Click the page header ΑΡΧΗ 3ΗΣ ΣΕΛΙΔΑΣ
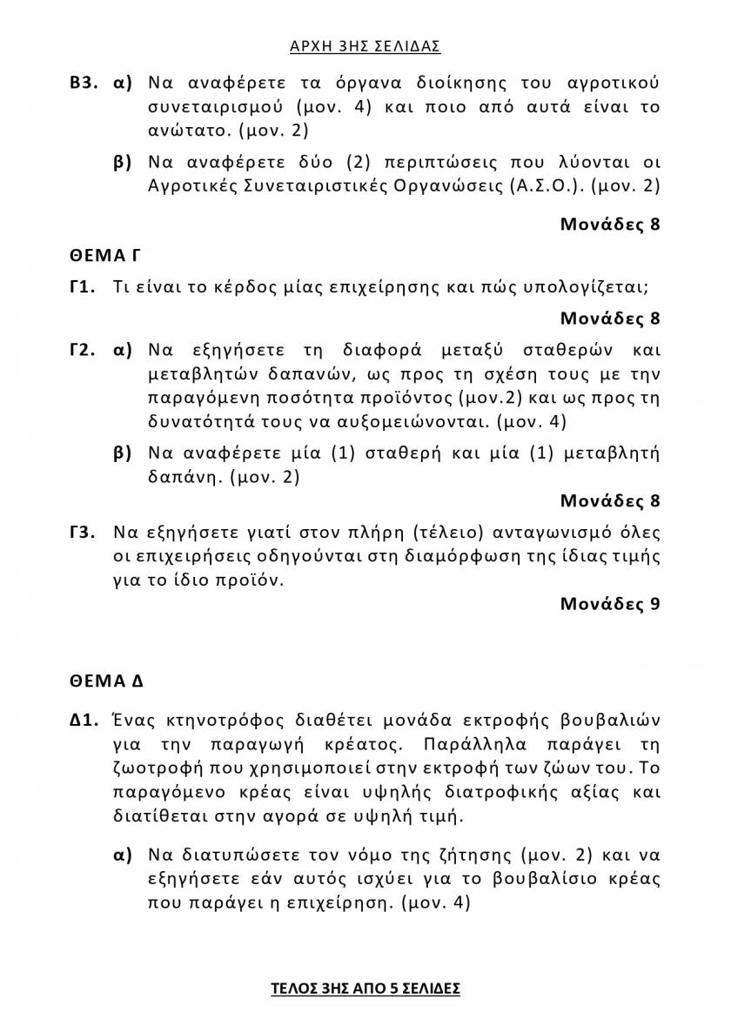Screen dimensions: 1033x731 365,46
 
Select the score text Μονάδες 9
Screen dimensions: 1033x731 609,603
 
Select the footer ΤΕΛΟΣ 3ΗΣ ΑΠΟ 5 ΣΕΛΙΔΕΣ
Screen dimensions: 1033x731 365,989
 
